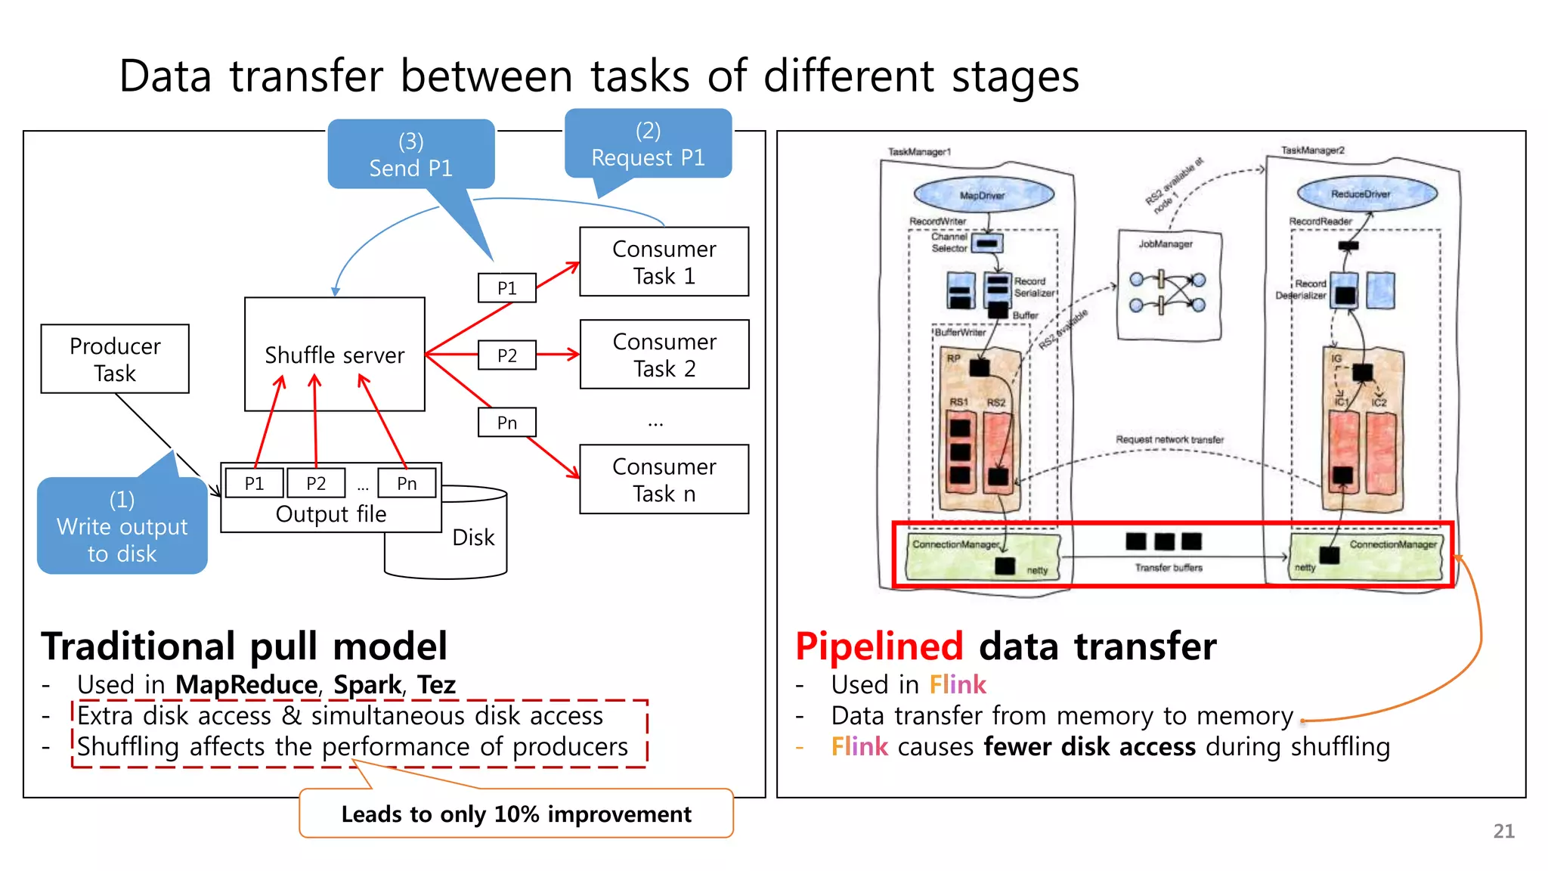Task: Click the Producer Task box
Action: coord(115,359)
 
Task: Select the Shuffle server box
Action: coord(334,355)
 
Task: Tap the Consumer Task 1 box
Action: coord(664,262)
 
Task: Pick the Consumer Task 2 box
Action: coord(664,355)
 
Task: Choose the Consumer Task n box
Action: coord(664,479)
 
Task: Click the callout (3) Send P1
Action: coord(410,154)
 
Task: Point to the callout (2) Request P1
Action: coord(648,144)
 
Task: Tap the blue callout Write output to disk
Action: coord(122,526)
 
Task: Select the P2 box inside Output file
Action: coord(316,483)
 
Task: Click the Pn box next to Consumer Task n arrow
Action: coord(506,423)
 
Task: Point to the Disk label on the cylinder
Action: coord(473,538)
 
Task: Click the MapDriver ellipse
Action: coord(983,195)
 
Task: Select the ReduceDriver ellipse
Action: coord(1361,194)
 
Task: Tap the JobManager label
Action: coord(1166,244)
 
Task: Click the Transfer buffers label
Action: coord(1169,567)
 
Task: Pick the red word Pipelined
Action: coord(879,646)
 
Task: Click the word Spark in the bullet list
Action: coord(367,684)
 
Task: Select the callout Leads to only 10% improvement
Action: coord(516,814)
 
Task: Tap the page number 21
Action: coord(1503,831)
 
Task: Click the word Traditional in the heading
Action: coord(138,646)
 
